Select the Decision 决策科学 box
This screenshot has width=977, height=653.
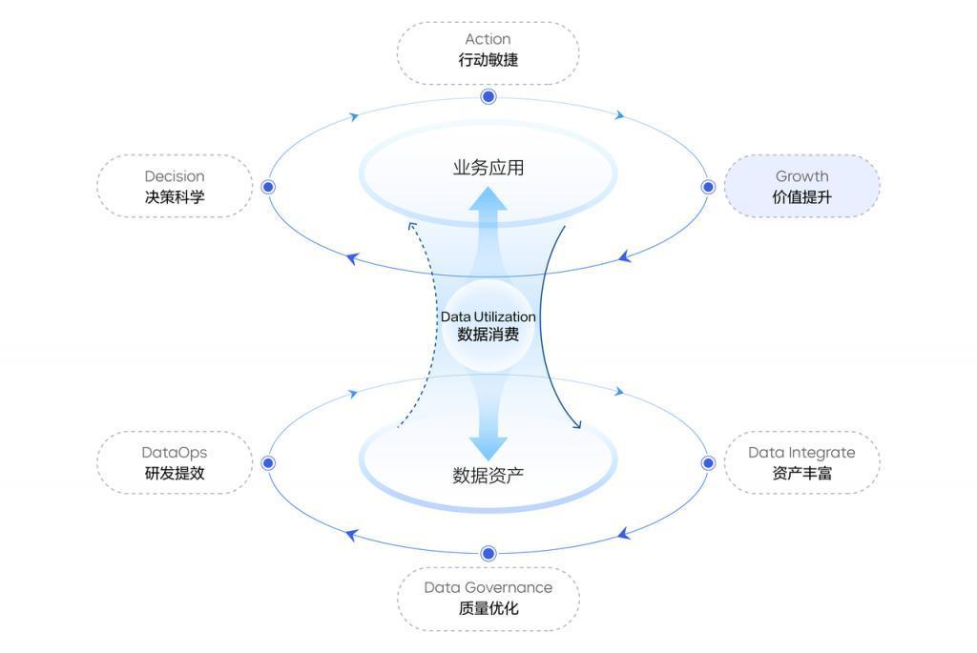coord(175,187)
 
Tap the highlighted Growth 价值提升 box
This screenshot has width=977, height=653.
coord(801,187)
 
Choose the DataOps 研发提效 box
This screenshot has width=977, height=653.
coord(175,462)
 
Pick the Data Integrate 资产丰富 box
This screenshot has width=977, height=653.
coord(801,462)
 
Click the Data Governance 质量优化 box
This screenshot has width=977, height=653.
coord(488,599)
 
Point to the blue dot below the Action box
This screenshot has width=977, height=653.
coord(488,96)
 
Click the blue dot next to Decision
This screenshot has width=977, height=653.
coord(268,187)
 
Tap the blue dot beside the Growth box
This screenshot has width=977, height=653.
coord(708,187)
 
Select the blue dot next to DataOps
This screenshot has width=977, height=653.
coord(268,462)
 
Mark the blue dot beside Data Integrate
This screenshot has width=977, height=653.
coord(708,462)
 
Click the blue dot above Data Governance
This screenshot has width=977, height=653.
coord(488,553)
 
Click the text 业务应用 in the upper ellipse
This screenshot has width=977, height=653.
coord(488,169)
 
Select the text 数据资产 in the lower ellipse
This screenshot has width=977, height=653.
coord(488,475)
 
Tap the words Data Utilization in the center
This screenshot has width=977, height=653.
coord(488,316)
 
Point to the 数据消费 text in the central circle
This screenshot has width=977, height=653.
coord(488,335)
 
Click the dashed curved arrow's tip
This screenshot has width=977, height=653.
coord(410,225)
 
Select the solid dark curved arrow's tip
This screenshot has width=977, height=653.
coord(578,426)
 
